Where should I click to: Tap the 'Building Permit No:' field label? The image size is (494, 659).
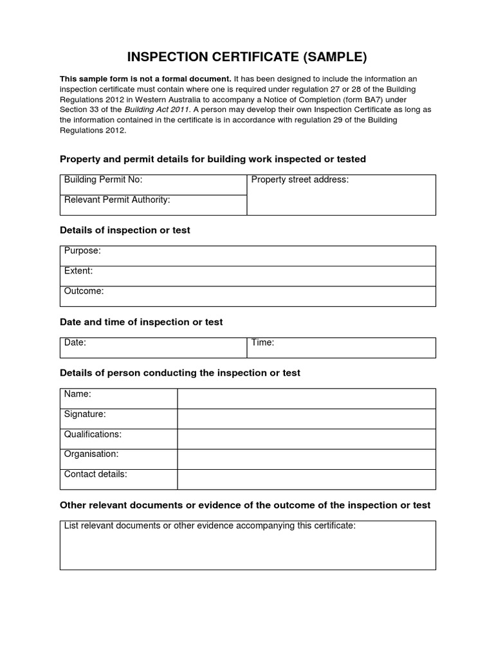click(103, 180)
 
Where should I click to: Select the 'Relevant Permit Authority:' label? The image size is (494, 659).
click(117, 200)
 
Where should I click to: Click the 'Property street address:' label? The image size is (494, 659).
click(300, 180)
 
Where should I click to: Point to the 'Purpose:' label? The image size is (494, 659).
click(82, 251)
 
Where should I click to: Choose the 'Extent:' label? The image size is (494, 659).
click(78, 271)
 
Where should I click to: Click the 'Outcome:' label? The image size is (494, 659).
click(84, 292)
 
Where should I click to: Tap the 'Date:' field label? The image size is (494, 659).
click(75, 343)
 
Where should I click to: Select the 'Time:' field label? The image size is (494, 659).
click(262, 343)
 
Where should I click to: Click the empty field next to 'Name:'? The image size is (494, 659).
click(306, 398)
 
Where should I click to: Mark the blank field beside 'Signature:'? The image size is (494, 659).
click(306, 418)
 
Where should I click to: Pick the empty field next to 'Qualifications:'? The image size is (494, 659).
click(306, 439)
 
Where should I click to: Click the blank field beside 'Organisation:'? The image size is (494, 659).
click(306, 459)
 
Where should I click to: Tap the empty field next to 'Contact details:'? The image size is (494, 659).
click(306, 479)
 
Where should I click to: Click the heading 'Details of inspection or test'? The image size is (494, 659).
click(125, 230)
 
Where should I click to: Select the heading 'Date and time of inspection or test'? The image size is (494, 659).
click(141, 322)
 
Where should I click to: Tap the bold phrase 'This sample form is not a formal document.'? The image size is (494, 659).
click(145, 79)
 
